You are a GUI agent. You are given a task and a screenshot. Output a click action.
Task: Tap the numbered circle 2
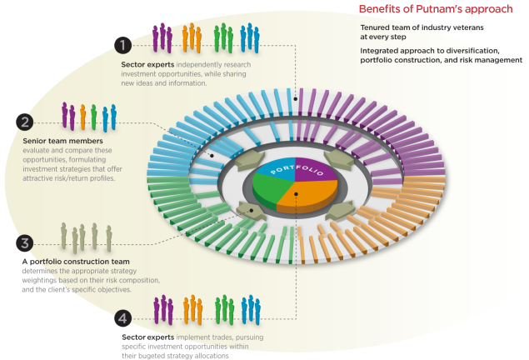point(26,122)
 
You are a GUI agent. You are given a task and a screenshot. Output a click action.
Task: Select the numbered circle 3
point(26,243)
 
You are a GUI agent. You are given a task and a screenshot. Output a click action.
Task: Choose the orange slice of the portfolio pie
point(309,196)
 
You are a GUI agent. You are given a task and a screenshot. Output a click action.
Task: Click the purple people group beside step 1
point(162,37)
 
